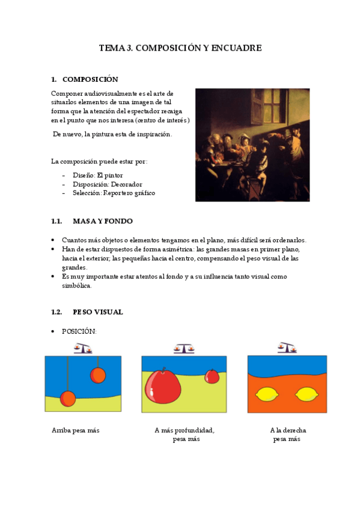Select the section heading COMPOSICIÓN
pos(90,79)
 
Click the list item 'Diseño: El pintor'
pos(97,175)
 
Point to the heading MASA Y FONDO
pos(103,221)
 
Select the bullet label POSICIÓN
pos(79,331)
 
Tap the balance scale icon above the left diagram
pos(82,348)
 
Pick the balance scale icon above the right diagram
pos(287,347)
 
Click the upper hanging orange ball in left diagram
pos(98,375)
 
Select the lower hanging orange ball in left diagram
pos(68,398)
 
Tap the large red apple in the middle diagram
pos(162,386)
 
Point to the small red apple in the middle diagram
pos(212,376)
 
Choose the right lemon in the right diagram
pos(307,395)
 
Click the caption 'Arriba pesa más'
pos(76,431)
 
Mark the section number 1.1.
pos(56,221)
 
